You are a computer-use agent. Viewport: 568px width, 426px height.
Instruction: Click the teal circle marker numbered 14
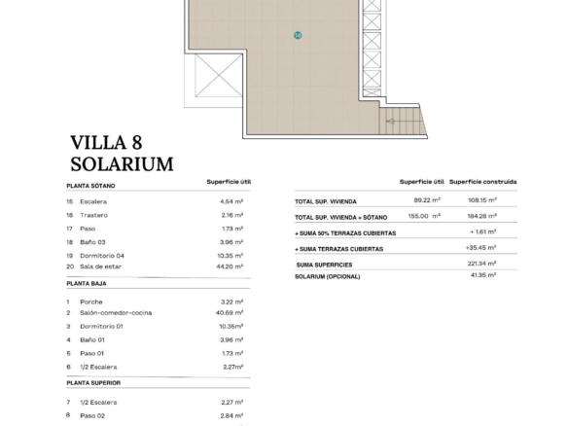(x=298, y=35)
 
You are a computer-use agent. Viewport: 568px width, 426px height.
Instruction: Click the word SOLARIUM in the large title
(x=123, y=164)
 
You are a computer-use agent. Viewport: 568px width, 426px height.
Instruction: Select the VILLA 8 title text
(x=106, y=142)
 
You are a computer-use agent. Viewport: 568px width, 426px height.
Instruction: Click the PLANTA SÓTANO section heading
(x=90, y=186)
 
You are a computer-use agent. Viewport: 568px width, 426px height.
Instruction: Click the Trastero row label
(x=93, y=215)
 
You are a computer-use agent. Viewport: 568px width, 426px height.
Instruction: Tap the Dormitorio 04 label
(x=102, y=256)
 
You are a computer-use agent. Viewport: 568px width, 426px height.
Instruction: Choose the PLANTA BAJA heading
(x=87, y=284)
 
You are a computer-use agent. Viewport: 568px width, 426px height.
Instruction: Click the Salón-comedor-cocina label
(x=116, y=313)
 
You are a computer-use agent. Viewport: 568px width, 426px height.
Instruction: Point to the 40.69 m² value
(x=230, y=313)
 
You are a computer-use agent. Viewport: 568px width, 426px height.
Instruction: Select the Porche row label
(x=91, y=302)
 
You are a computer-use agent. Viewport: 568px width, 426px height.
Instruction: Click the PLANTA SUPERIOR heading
(x=93, y=383)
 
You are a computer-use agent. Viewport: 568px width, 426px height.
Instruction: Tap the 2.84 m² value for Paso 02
(x=231, y=416)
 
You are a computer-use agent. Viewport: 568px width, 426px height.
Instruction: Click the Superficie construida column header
(x=482, y=182)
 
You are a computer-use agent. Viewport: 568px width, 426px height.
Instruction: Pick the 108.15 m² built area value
(x=482, y=200)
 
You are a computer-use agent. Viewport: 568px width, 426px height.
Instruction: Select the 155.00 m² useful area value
(x=424, y=216)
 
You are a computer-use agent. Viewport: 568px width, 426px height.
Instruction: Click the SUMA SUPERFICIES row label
(x=324, y=266)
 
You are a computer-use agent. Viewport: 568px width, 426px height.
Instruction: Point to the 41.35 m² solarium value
(x=483, y=275)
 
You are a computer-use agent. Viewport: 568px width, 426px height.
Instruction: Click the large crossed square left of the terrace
(x=219, y=76)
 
